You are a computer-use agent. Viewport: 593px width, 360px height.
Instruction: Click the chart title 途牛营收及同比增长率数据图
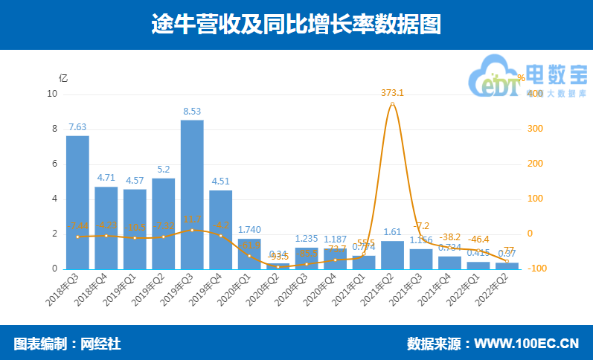click(296, 25)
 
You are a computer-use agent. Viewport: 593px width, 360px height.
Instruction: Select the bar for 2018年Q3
click(77, 202)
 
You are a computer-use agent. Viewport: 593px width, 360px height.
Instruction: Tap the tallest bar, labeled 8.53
click(192, 194)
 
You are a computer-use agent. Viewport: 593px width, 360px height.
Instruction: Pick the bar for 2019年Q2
click(163, 223)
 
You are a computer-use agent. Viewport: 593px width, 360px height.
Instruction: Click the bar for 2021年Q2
click(392, 254)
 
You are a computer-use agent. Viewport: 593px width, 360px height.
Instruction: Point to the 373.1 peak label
click(392, 93)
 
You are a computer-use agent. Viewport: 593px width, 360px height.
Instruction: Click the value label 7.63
click(77, 126)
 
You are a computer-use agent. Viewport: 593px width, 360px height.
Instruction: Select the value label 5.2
click(163, 170)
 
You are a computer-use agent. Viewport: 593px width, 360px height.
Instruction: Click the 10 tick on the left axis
click(51, 94)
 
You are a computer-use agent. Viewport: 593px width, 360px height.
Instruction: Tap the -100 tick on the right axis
click(537, 269)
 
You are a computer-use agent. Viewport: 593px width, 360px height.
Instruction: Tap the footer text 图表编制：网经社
click(67, 344)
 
